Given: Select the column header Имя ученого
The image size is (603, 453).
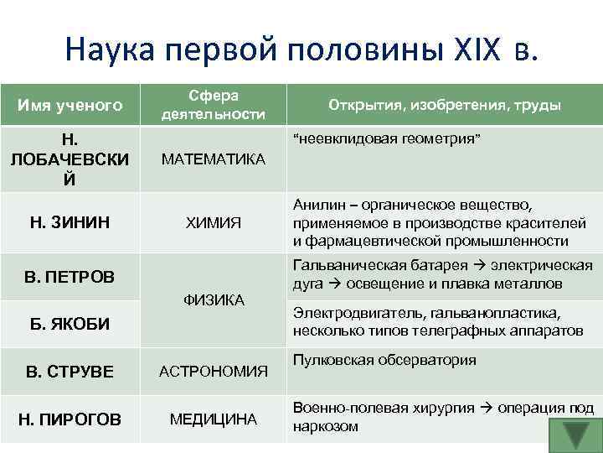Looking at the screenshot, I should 70,105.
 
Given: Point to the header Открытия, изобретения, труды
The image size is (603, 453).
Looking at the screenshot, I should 445,105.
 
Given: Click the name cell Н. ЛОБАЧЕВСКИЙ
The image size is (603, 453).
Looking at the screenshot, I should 70,159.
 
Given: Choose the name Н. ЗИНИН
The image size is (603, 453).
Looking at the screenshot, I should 70,222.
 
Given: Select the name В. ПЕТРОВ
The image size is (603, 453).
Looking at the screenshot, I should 70,276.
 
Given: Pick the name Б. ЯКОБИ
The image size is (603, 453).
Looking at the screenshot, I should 70,324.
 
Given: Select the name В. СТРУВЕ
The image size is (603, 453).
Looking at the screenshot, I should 70,371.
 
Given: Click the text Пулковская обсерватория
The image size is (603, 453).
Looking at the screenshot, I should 384,360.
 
